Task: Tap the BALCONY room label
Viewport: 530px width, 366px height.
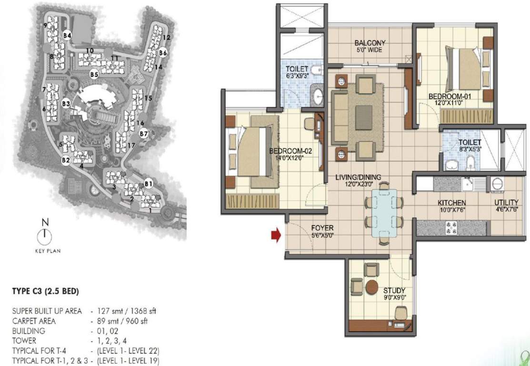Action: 370,43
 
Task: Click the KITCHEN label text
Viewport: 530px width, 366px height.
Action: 452,203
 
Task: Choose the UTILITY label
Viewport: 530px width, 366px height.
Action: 506,203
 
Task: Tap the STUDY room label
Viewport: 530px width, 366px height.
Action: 394,290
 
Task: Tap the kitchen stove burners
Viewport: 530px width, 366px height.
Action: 450,227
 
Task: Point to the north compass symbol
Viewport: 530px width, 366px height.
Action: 44,234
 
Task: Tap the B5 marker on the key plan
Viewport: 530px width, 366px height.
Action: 94,74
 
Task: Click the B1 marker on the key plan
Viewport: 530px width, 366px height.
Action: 148,183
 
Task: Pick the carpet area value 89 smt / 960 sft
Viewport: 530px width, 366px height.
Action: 122,321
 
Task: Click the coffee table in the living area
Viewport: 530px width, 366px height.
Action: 363,117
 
